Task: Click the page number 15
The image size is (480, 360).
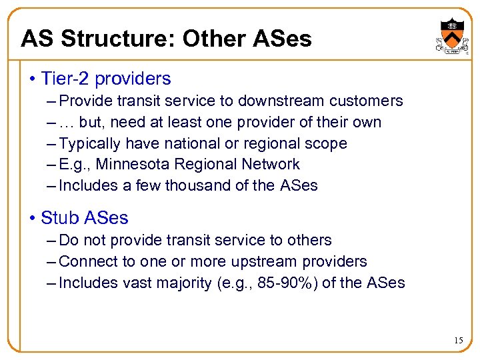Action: tap(458, 341)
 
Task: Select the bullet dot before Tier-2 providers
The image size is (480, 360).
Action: tap(32, 79)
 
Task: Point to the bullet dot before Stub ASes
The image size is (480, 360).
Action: tap(32, 218)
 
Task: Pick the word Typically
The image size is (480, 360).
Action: tap(90, 143)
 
